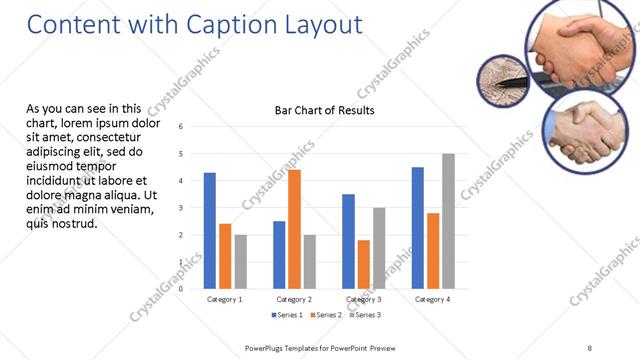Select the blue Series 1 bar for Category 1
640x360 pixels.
click(x=210, y=230)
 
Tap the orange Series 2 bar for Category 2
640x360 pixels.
click(x=294, y=229)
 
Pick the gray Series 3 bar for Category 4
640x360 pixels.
click(x=448, y=221)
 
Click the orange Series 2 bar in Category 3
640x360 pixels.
click(x=363, y=264)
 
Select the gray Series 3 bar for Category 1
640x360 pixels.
click(x=241, y=261)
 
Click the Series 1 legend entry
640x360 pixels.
click(x=290, y=315)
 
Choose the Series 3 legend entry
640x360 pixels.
click(x=364, y=315)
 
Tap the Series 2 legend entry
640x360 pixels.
click(x=327, y=315)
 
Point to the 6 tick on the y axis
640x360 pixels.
click(x=180, y=127)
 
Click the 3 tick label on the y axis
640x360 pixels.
click(x=180, y=208)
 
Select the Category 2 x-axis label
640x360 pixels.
click(x=294, y=299)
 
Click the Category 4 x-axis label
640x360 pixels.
click(x=432, y=299)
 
